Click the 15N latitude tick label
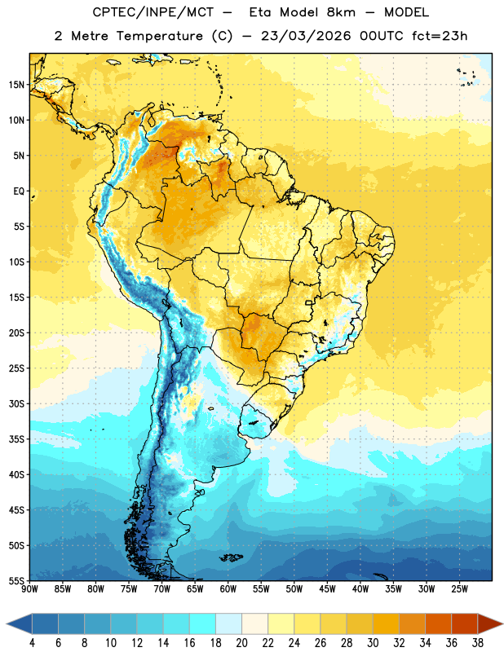pyautogui.click(x=16, y=85)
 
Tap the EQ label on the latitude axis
pyautogui.click(x=19, y=192)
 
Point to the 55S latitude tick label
pyautogui.click(x=16, y=581)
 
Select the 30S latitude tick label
pyautogui.click(x=16, y=403)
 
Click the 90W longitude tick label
pyautogui.click(x=29, y=589)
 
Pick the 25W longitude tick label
pyautogui.click(x=459, y=589)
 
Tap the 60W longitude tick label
pyautogui.click(x=228, y=589)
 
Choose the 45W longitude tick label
pyautogui.click(x=327, y=589)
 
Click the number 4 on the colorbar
pyautogui.click(x=32, y=643)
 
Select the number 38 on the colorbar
pyautogui.click(x=478, y=643)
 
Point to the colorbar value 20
pyautogui.click(x=241, y=643)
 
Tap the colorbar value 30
pyautogui.click(x=373, y=643)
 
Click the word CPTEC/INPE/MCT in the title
pyautogui.click(x=153, y=12)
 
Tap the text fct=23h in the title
pyautogui.click(x=440, y=36)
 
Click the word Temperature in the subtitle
pyautogui.click(x=159, y=36)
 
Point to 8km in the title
pyautogui.click(x=341, y=12)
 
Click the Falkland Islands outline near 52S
pyautogui.click(x=231, y=557)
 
